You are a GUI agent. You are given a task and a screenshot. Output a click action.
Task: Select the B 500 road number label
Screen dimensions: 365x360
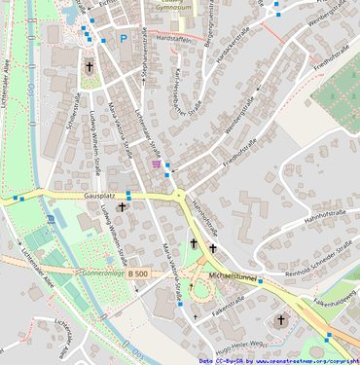138,275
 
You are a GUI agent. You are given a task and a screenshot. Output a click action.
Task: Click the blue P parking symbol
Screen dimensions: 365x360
124,39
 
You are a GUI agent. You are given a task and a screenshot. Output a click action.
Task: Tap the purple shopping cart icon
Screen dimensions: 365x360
158,164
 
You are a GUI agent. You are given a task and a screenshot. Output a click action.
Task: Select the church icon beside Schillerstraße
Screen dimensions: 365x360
90,68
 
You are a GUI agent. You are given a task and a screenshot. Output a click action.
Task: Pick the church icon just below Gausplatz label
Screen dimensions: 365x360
122,207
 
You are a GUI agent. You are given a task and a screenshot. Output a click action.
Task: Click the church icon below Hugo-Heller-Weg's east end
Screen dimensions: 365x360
281,319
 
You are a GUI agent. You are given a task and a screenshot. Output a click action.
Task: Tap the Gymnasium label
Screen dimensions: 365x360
175,6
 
